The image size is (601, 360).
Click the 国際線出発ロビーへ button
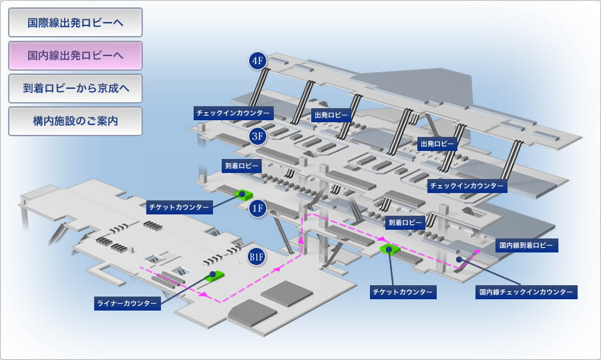point(75,23)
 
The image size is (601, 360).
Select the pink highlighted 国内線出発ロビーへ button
point(75,55)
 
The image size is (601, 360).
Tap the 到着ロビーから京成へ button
point(75,89)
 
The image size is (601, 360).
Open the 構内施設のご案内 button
point(75,121)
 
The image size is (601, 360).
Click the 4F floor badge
point(258,61)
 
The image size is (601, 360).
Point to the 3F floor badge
point(258,136)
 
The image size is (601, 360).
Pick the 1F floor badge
point(258,208)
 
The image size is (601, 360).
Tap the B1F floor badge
point(256,256)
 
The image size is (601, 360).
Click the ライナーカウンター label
point(128,303)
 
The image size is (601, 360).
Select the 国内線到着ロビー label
point(526,245)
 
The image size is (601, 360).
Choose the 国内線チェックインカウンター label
point(526,292)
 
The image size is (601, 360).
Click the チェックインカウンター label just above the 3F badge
point(233,113)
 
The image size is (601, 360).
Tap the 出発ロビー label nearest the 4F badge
point(331,115)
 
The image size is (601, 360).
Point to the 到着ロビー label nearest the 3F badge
point(242,166)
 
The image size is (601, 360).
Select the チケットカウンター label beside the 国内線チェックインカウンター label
point(403,292)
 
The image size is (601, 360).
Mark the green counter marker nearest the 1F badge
point(244,195)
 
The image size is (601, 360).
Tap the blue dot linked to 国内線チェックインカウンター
point(459,260)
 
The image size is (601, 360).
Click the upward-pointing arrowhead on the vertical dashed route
point(301,240)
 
